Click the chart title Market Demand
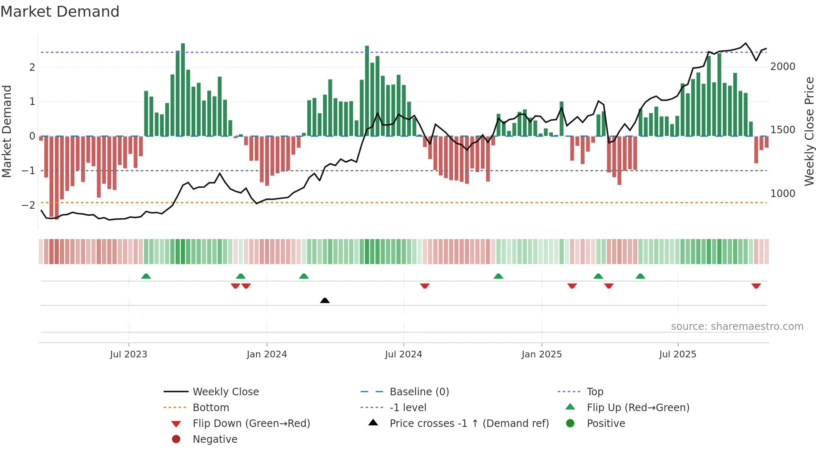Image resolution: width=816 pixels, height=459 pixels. tap(60, 12)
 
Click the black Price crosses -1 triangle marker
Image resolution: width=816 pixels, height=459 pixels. tap(325, 300)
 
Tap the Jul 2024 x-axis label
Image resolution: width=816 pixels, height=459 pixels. tap(403, 354)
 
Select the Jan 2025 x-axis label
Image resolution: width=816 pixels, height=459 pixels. tap(541, 354)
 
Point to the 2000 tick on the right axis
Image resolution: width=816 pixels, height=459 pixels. tap(782, 67)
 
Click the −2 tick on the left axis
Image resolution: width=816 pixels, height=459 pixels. tap(28, 205)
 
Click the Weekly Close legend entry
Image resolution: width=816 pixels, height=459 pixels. tap(225, 392)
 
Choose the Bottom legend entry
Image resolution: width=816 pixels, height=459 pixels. tap(211, 408)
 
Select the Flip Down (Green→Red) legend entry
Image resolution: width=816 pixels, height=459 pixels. tap(251, 424)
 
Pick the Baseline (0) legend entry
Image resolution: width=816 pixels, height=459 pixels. tap(419, 392)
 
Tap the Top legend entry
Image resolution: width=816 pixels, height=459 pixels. tap(595, 392)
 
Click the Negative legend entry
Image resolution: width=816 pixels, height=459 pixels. tap(215, 439)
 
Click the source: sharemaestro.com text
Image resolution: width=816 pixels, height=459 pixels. tap(737, 327)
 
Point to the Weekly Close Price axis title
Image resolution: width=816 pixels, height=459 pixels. tap(809, 131)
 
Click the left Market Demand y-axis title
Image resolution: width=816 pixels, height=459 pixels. tap(7, 131)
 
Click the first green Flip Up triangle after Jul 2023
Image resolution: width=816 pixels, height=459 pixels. tap(146, 276)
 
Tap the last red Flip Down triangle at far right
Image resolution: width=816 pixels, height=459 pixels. tap(756, 286)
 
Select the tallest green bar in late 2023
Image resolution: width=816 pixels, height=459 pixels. tap(183, 90)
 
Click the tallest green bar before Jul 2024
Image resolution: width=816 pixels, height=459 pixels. tap(367, 91)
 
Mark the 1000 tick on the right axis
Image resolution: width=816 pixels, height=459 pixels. tap(782, 194)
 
